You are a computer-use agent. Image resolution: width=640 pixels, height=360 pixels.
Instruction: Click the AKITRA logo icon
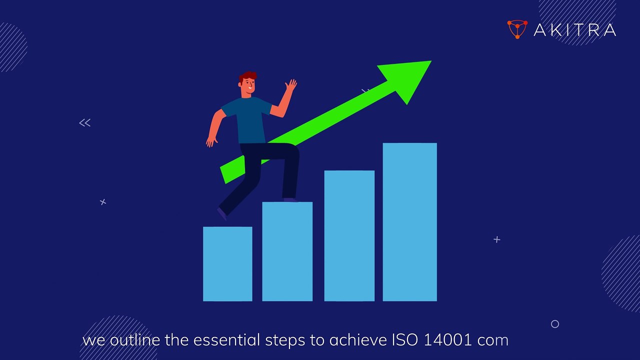tap(517, 29)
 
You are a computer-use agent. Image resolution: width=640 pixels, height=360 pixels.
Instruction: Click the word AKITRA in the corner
tap(574, 30)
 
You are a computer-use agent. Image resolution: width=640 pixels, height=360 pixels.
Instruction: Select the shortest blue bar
tap(227, 263)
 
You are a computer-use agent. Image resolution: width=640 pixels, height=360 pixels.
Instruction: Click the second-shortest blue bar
tap(287, 251)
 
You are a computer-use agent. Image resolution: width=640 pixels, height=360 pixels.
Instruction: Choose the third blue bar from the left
tap(349, 235)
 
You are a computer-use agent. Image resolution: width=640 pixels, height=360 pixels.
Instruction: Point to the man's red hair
tap(248, 77)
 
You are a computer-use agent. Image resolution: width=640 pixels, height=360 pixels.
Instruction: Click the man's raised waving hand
tap(290, 85)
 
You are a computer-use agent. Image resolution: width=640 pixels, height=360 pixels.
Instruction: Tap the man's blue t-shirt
tap(248, 117)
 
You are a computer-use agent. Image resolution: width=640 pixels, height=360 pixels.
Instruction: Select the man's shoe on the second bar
tap(290, 199)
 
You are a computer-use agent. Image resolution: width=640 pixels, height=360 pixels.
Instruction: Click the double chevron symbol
tap(84, 122)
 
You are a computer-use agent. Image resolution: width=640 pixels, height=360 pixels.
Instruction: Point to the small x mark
tap(103, 202)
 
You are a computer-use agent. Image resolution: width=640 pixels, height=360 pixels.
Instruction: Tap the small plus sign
tap(496, 239)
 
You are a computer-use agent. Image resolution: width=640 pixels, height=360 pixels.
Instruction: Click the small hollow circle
tap(554, 324)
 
